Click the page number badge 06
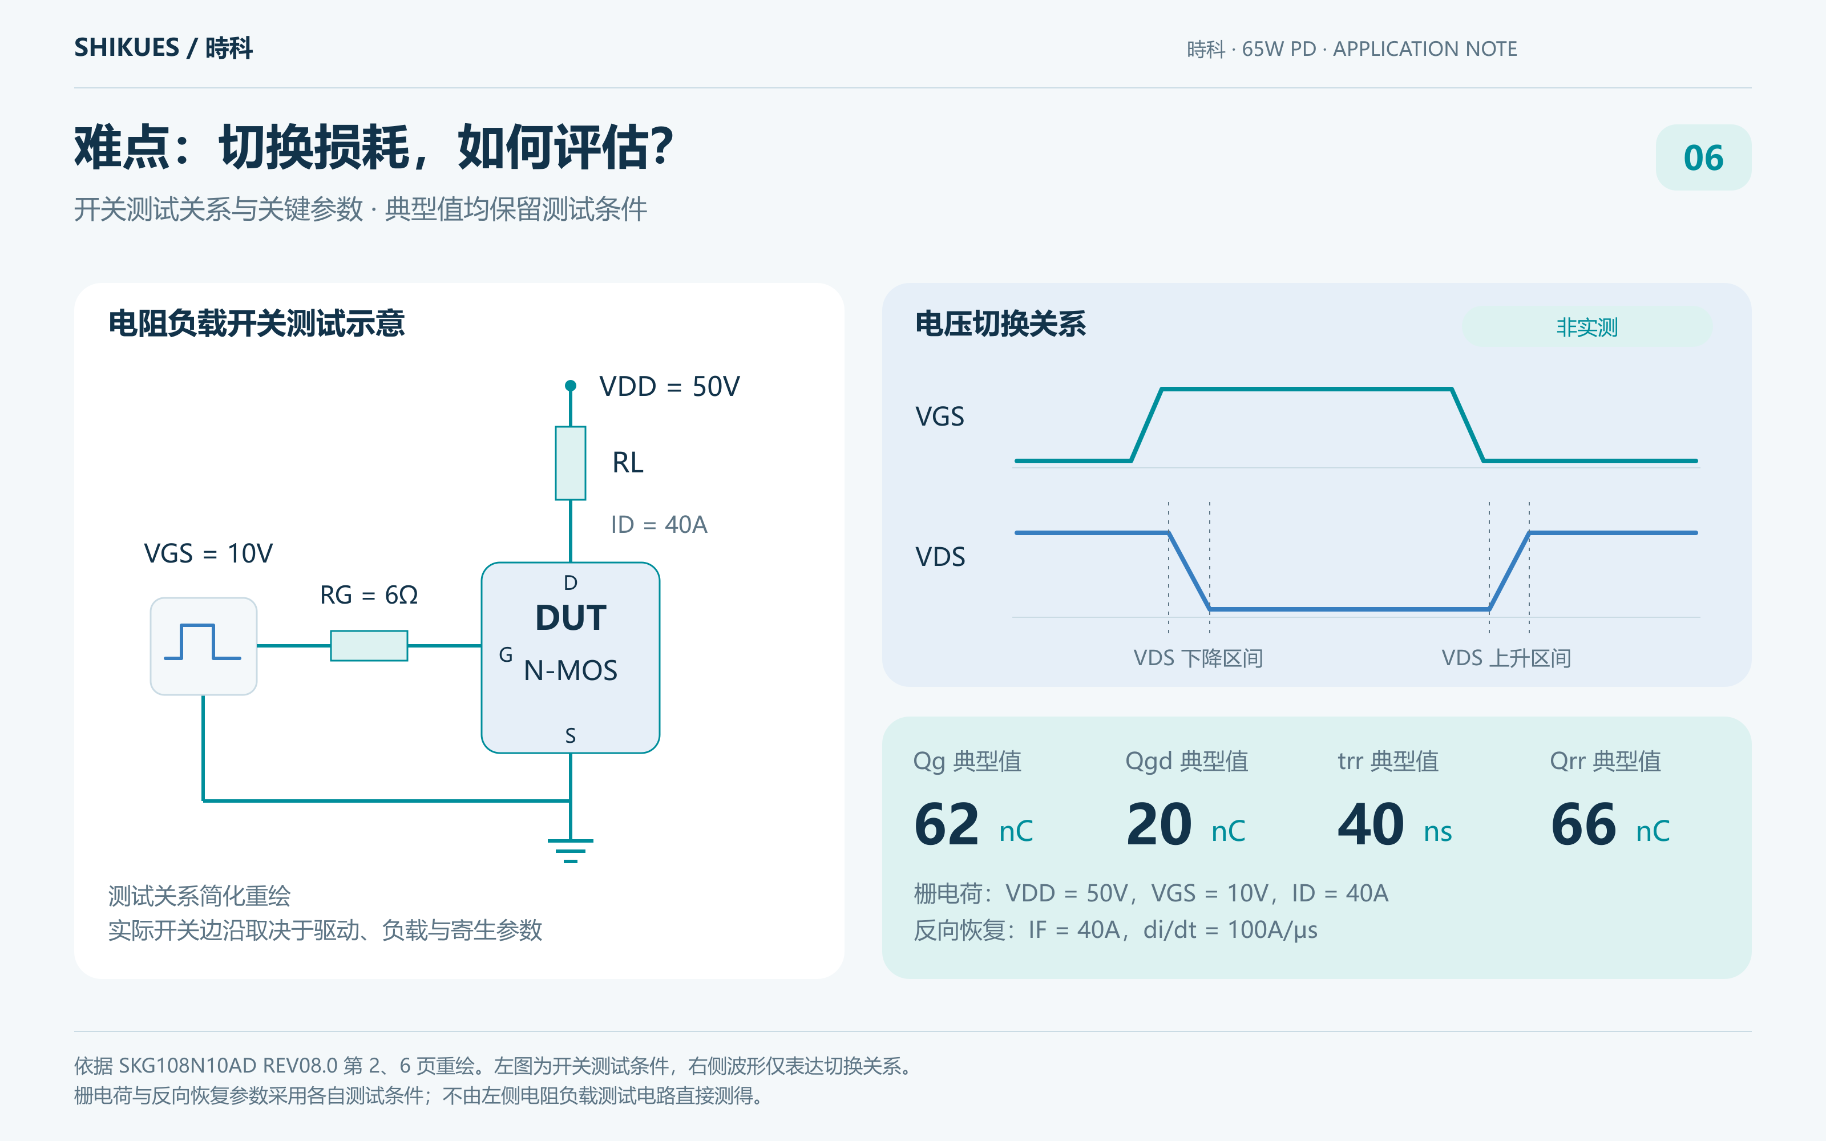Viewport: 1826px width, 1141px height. [x=1703, y=157]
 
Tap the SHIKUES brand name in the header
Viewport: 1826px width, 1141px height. [x=127, y=47]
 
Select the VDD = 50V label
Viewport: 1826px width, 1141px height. [x=669, y=386]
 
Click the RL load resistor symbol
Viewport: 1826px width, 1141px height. [x=571, y=463]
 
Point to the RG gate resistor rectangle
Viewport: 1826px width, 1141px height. [x=369, y=646]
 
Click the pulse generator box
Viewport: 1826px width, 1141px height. [x=204, y=646]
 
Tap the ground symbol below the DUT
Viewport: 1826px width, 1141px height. [x=571, y=851]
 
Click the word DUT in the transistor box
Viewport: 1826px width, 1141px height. [x=571, y=618]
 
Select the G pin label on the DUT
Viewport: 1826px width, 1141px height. [x=506, y=654]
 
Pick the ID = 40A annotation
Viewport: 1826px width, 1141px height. [x=659, y=524]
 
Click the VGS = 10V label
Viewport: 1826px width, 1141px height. [x=208, y=553]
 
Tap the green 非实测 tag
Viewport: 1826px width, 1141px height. [x=1587, y=327]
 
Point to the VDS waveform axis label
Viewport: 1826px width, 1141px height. [x=940, y=557]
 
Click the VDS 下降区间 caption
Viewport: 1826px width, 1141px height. [x=1198, y=658]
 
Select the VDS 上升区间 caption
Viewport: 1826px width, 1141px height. [x=1506, y=658]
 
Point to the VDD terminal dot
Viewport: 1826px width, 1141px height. [x=571, y=386]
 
